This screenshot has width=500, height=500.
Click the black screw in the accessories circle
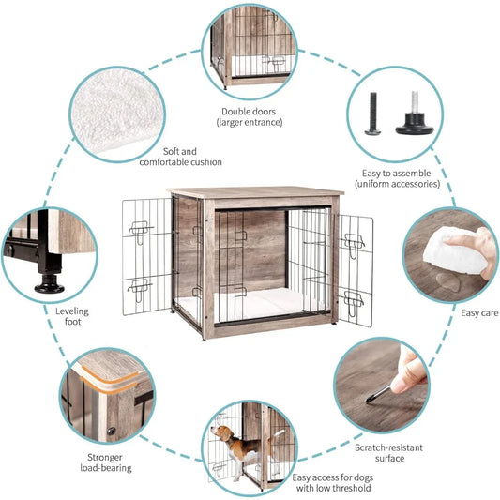point(372,114)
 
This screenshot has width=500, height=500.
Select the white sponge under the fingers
point(454,252)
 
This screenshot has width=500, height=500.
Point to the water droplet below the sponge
point(448,281)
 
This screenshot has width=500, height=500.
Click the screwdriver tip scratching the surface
point(369,402)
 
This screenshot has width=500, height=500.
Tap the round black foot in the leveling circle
point(50,284)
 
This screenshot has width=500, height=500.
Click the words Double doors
point(249,112)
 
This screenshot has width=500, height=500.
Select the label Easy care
point(479,313)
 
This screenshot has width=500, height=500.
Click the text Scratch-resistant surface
point(389,453)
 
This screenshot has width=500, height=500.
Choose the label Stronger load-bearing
point(106,462)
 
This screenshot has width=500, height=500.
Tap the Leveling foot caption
point(72,316)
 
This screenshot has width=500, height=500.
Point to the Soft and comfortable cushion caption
point(180,157)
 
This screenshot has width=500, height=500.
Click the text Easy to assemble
point(397,174)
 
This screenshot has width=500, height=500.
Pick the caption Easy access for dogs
point(333,477)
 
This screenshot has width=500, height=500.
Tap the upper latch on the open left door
point(141,231)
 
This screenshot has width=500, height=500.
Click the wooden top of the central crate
point(255,192)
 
